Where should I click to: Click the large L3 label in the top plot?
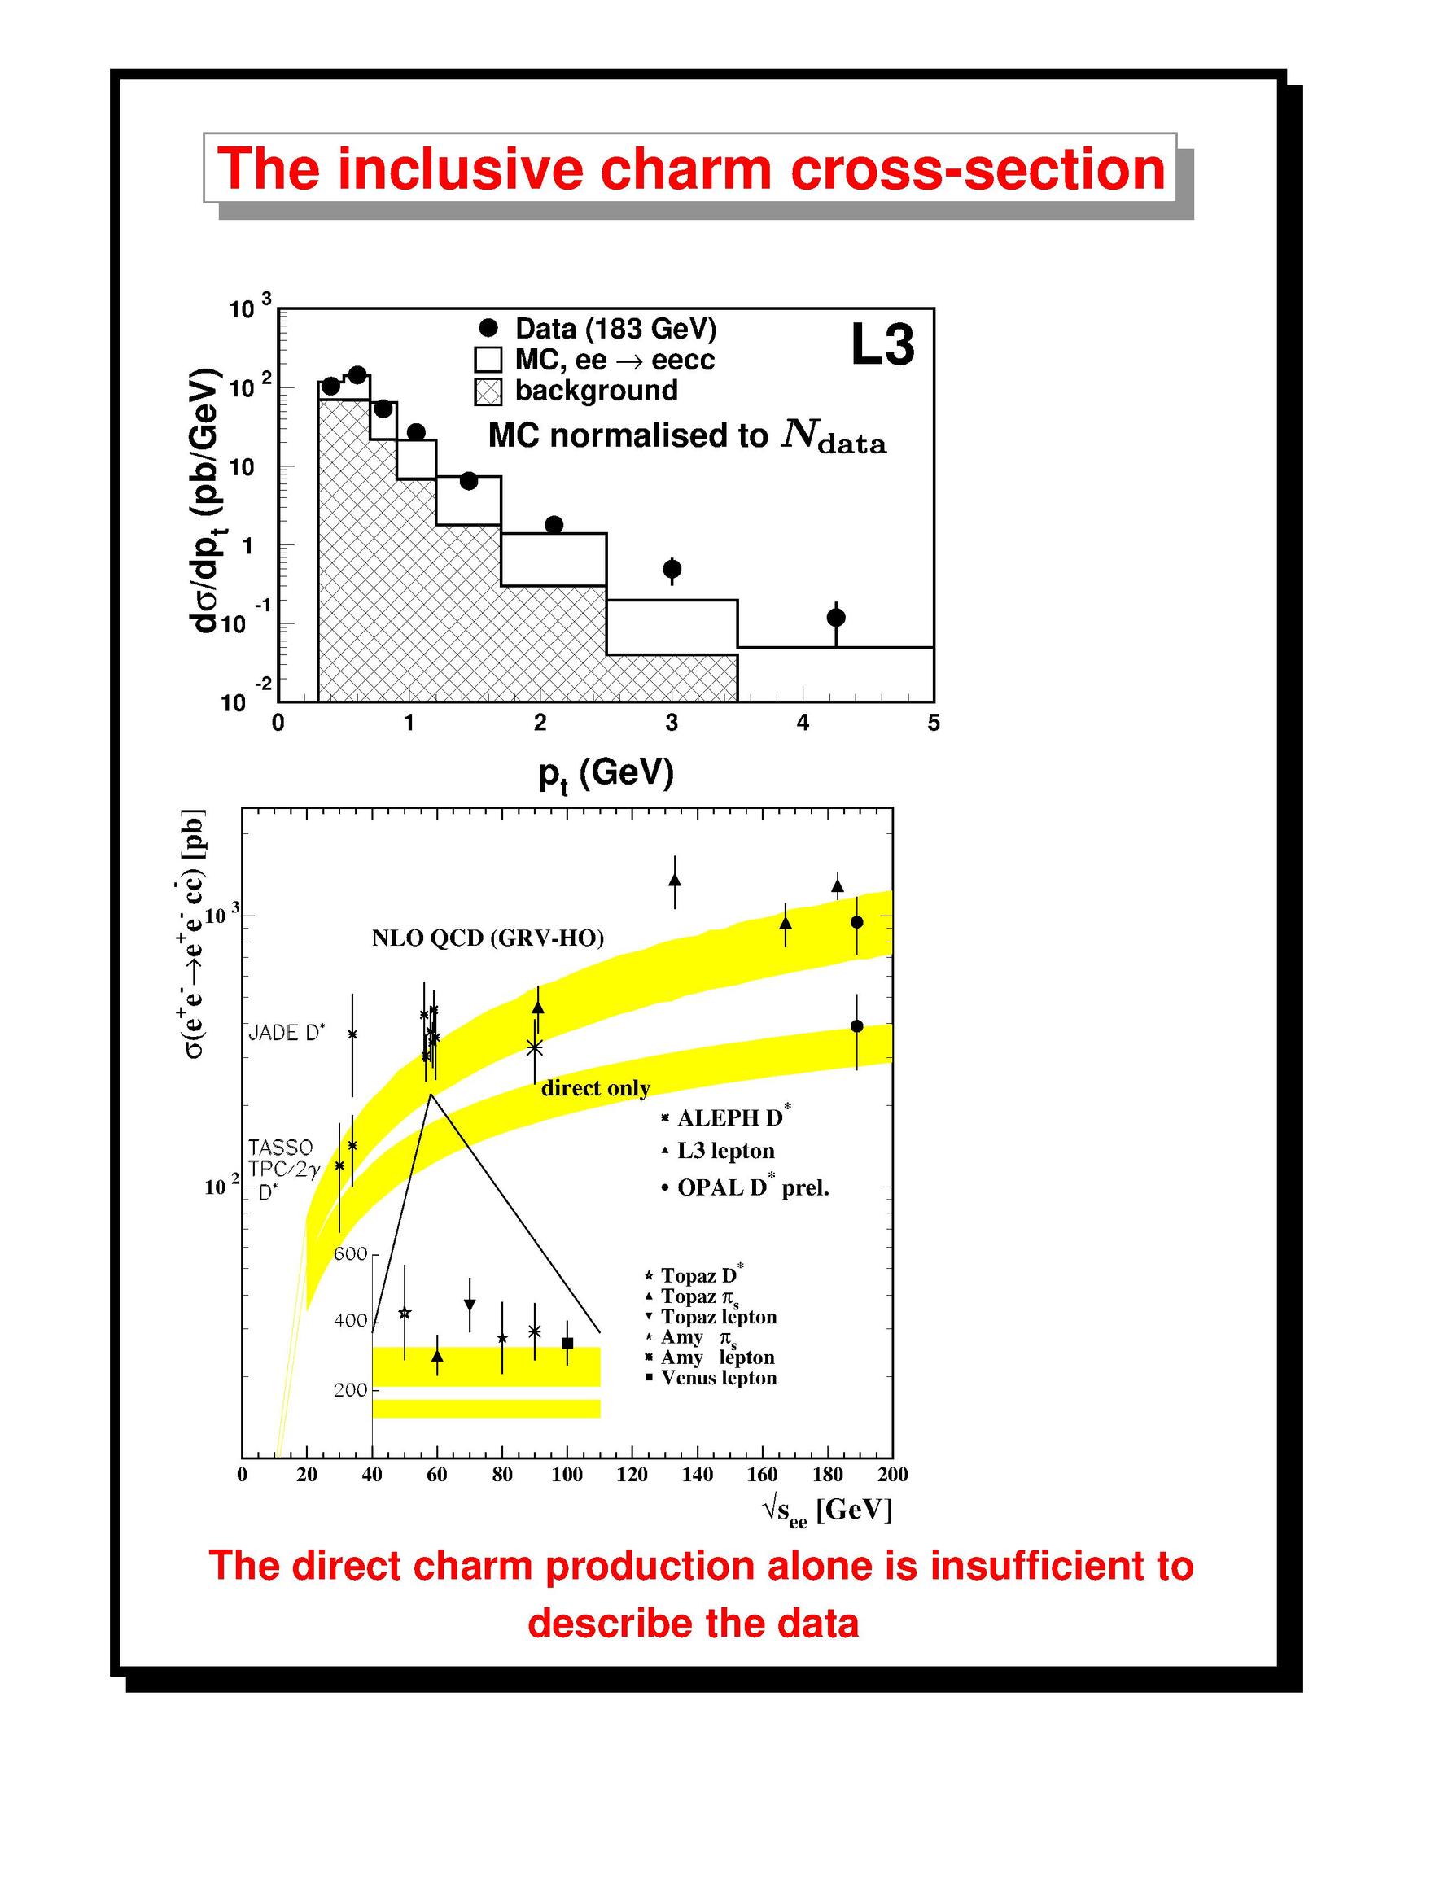click(x=882, y=345)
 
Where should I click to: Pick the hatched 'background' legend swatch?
click(x=488, y=391)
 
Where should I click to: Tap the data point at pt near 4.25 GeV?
click(x=835, y=617)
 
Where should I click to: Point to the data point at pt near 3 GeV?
click(x=672, y=568)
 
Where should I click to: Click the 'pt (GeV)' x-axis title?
click(x=606, y=775)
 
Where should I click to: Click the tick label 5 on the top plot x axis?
click(x=934, y=723)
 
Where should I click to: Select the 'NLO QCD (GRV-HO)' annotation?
click(x=488, y=938)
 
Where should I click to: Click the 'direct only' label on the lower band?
click(x=596, y=1088)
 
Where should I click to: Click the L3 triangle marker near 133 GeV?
click(x=675, y=880)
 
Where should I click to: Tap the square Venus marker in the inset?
click(x=567, y=1343)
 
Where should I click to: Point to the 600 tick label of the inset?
click(x=350, y=1253)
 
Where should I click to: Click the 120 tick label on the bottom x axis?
click(x=632, y=1475)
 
